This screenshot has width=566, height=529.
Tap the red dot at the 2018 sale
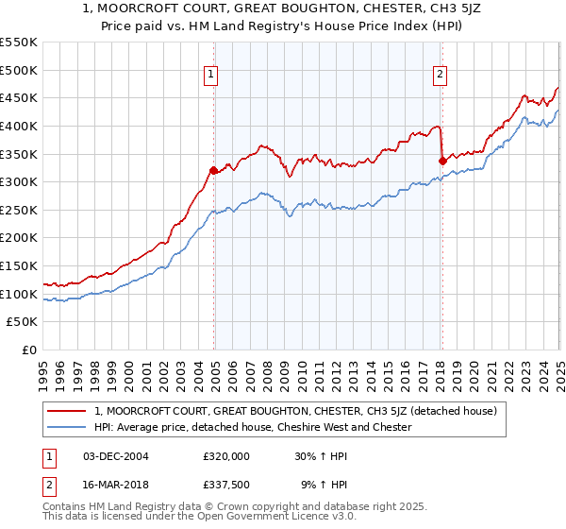tap(442, 161)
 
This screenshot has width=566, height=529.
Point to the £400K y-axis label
tap(19, 126)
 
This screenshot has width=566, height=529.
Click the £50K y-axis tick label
tap(23, 322)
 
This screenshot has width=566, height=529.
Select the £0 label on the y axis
tap(30, 350)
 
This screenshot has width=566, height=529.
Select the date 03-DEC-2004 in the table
tap(115, 455)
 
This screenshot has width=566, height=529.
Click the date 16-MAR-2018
tap(115, 486)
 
